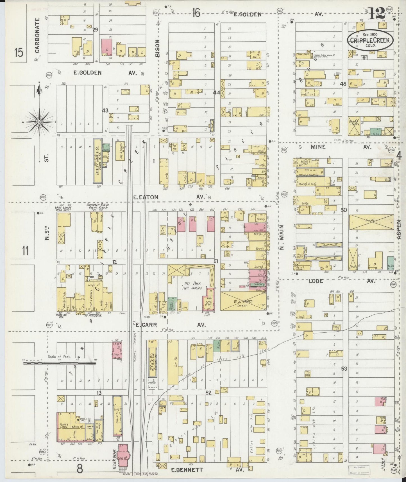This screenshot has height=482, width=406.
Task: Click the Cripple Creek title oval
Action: tap(370, 40)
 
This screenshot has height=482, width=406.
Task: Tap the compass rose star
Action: tap(39, 122)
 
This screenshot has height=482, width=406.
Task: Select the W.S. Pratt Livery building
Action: tap(243, 301)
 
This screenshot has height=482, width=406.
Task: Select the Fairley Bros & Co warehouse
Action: tap(97, 160)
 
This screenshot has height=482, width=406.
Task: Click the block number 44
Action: tap(217, 92)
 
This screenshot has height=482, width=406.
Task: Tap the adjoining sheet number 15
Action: tap(19, 53)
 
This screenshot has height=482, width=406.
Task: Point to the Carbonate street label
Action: tap(37, 35)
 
